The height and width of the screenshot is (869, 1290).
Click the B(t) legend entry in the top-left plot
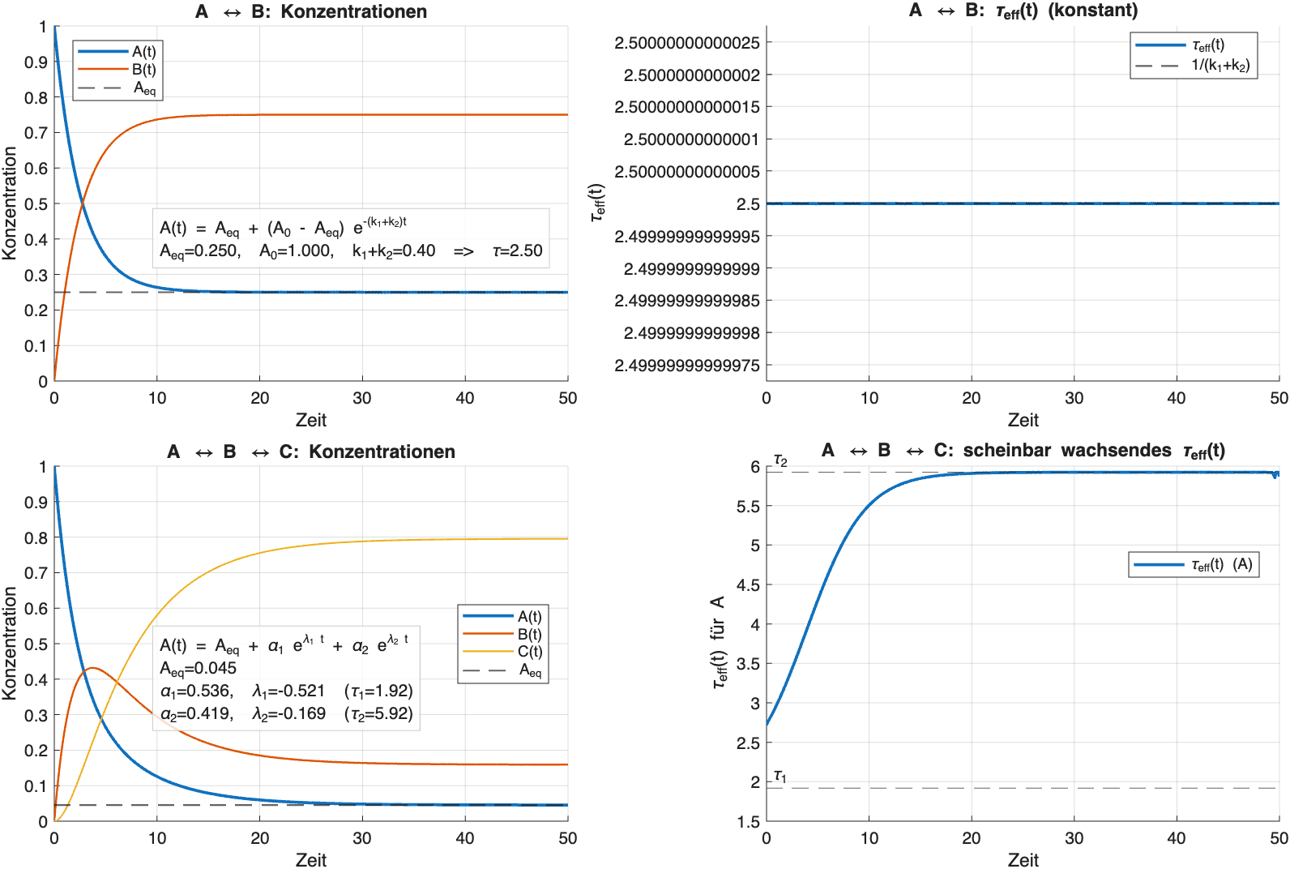(143, 70)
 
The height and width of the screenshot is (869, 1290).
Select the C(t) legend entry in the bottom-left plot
(529, 652)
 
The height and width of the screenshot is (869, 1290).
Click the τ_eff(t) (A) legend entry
(1221, 564)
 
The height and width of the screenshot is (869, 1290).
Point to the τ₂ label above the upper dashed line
(780, 460)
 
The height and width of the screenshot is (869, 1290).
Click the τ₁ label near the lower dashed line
(780, 777)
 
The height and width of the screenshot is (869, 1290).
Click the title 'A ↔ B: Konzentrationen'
(311, 11)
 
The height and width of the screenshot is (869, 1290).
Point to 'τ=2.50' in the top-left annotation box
(517, 251)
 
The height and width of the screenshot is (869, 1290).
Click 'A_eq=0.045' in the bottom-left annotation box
(199, 669)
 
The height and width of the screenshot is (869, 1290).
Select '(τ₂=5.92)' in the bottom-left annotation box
(378, 714)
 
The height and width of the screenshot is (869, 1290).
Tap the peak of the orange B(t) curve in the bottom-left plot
(92, 668)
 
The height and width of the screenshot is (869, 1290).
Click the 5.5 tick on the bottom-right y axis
(748, 507)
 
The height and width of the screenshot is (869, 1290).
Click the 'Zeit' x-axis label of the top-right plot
(1023, 420)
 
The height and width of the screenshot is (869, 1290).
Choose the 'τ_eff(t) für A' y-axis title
(719, 644)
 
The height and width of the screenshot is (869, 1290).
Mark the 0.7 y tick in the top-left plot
(36, 133)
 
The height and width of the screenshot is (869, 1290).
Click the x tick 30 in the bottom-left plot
(362, 838)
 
